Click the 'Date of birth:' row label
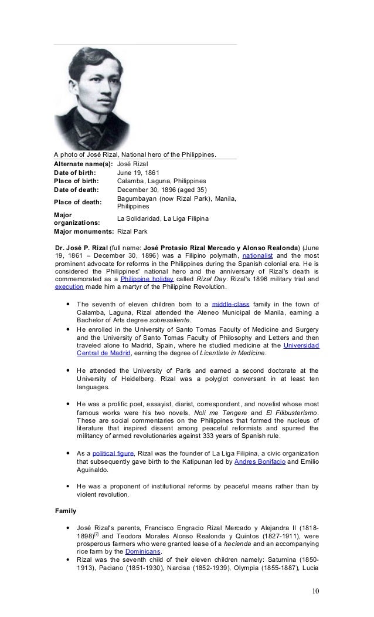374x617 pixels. coord(74,172)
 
